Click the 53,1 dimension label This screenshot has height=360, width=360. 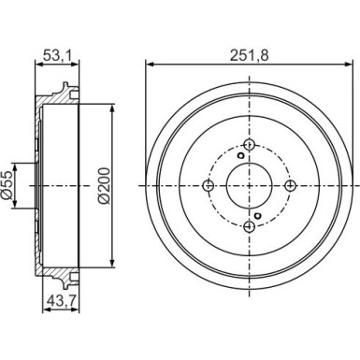click(56, 55)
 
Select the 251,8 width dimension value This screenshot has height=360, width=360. click(249, 55)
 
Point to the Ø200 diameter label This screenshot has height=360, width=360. click(105, 186)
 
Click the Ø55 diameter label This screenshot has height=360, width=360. click(7, 185)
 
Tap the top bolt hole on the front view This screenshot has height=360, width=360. click(249, 145)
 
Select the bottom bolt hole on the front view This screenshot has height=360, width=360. click(249, 226)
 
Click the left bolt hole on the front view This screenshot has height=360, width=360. click(209, 186)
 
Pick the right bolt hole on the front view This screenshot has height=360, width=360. click(290, 186)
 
